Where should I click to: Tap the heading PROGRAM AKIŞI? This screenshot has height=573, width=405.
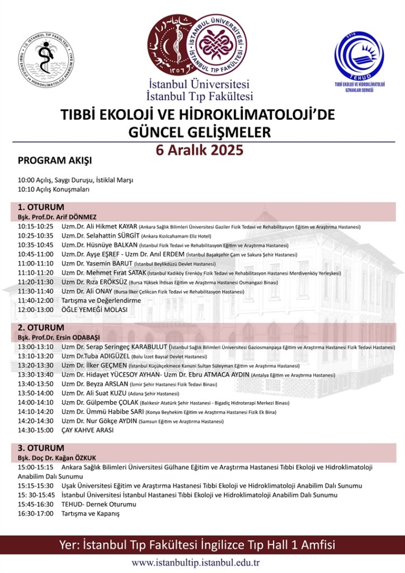(x=54, y=160)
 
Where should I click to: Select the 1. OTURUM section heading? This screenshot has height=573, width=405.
(x=41, y=207)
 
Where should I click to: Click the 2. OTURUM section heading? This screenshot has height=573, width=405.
(x=41, y=328)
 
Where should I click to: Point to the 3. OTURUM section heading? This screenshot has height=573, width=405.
(x=41, y=448)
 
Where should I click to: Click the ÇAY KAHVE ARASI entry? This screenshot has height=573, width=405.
(x=87, y=430)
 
